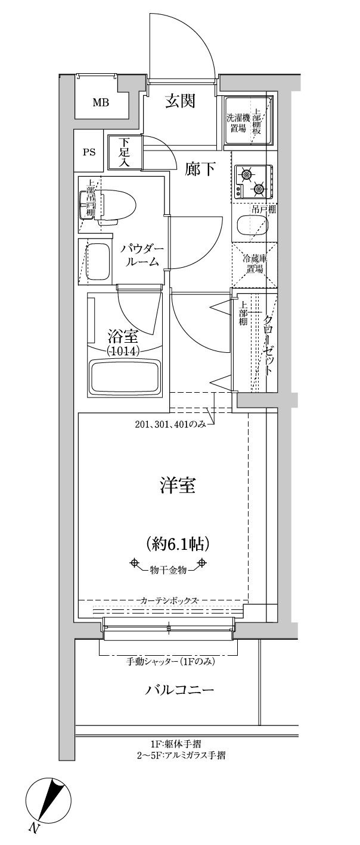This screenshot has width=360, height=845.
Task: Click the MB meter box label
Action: (101, 102)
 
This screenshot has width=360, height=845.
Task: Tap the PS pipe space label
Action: (89, 152)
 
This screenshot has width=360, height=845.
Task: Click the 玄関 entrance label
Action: (180, 101)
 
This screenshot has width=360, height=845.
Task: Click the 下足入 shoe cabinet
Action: (125, 152)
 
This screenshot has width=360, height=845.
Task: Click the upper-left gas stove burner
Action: (246, 175)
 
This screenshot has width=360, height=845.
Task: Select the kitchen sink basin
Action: (252, 225)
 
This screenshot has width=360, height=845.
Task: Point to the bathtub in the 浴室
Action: (125, 378)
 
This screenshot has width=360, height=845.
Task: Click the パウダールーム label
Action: (142, 255)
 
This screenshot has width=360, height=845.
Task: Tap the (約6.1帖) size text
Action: (177, 543)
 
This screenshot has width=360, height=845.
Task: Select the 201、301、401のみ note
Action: (170, 424)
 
